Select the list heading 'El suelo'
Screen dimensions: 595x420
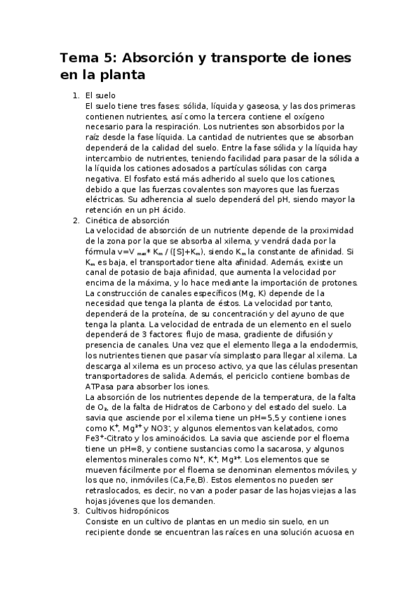coord(100,95)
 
